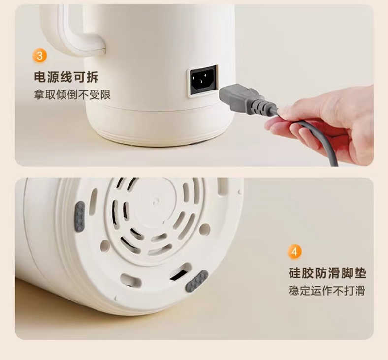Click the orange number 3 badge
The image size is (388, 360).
click(x=39, y=56)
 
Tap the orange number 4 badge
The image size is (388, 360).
click(x=294, y=252)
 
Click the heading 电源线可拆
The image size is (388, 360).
click(x=66, y=77)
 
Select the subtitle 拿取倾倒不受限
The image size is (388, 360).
click(x=72, y=95)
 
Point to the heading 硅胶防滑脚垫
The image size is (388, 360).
click(x=327, y=273)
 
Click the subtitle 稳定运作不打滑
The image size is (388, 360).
click(x=327, y=291)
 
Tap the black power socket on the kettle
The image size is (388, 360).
click(x=203, y=80)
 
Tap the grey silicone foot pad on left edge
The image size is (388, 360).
click(x=80, y=217)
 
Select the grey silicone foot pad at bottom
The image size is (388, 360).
click(x=197, y=281)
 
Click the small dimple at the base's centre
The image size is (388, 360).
click(x=156, y=201)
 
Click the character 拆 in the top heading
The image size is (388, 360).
click(x=93, y=77)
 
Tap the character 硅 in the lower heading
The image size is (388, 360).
click(x=295, y=273)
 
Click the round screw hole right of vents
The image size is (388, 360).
click(x=205, y=229)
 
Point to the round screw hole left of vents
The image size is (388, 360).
click(x=105, y=246)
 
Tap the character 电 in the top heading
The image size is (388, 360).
click(x=40, y=77)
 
